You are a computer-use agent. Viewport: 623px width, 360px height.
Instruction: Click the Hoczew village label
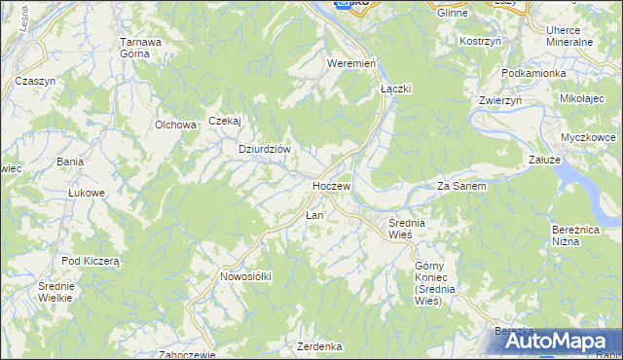(x=331, y=185)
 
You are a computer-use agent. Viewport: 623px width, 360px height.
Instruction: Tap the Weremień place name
(x=351, y=63)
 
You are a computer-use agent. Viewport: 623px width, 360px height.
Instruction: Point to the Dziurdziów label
(x=265, y=149)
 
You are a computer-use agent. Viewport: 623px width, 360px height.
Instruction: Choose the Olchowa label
(x=176, y=125)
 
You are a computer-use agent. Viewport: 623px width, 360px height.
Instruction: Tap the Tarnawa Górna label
(x=140, y=48)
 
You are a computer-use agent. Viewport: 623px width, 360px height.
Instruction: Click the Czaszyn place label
(x=35, y=81)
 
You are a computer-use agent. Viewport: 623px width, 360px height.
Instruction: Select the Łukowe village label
(x=86, y=193)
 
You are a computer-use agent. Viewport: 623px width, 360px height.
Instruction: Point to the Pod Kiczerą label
(x=90, y=261)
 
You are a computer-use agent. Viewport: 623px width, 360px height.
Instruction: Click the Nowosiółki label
(x=245, y=276)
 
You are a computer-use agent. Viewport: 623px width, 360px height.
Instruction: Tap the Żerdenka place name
(x=320, y=346)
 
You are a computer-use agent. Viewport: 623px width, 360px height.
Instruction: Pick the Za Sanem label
(x=461, y=185)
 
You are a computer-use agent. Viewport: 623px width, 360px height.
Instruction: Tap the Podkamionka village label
(x=532, y=73)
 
